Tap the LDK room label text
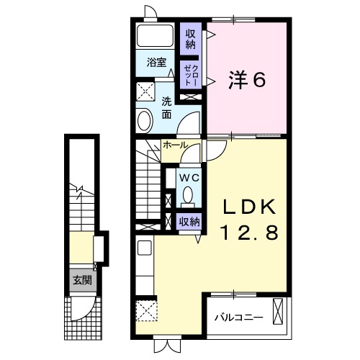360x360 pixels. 248,207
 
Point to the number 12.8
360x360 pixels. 248,233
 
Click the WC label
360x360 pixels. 189,177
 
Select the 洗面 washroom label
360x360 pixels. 166,107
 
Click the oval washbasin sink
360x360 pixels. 143,120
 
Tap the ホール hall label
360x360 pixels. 176,145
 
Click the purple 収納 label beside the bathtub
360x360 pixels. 190,38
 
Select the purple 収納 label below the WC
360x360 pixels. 189,222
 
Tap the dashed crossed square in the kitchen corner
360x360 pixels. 147,312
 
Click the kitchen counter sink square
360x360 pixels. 144,248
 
